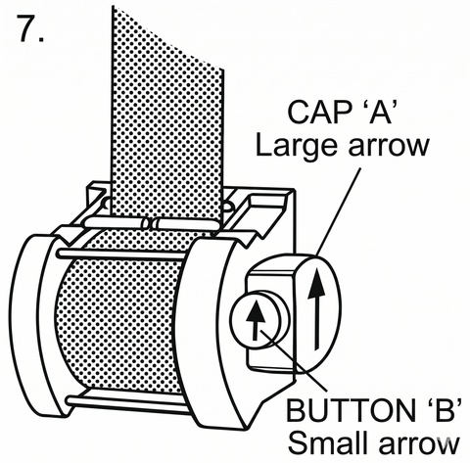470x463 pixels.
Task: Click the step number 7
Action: [x=31, y=28]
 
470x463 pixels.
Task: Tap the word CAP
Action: [x=318, y=112]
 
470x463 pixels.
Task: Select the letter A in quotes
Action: [x=380, y=112]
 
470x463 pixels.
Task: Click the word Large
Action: [x=296, y=146]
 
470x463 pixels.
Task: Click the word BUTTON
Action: [x=350, y=410]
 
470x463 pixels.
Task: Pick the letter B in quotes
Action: [x=443, y=409]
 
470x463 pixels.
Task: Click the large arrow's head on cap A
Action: [x=316, y=283]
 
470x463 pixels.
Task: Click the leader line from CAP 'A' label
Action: [x=339, y=211]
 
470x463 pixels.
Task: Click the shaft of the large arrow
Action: [x=316, y=323]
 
